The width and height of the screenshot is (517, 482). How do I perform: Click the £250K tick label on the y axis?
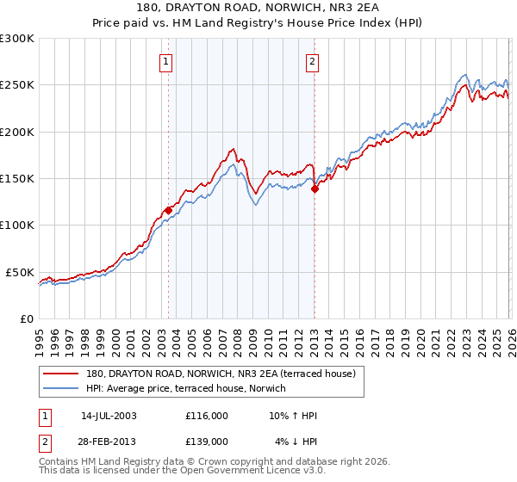[x=17, y=85]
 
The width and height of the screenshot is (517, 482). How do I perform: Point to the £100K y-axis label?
[x=17, y=226]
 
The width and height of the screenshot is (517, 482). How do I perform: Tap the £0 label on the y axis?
[x=26, y=318]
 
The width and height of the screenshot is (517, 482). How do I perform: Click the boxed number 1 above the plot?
[x=165, y=61]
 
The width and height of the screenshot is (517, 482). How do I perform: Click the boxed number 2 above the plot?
[x=311, y=61]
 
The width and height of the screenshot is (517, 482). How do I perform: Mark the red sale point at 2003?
[x=169, y=209]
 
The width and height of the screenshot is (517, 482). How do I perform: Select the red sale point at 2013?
[x=315, y=189]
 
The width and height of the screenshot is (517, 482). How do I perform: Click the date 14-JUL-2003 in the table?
[x=109, y=415]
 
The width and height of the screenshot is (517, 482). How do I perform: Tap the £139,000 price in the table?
[x=207, y=441]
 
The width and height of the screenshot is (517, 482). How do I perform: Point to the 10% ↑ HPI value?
[x=293, y=415]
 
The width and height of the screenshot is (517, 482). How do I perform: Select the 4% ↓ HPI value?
[x=296, y=441]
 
